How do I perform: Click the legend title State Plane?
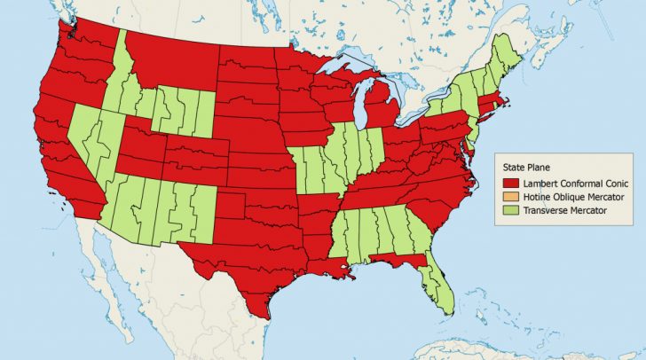click(528, 166)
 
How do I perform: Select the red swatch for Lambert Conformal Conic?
click(508, 182)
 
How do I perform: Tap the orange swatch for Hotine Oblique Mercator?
click(508, 196)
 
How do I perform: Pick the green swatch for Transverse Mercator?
click(508, 210)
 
